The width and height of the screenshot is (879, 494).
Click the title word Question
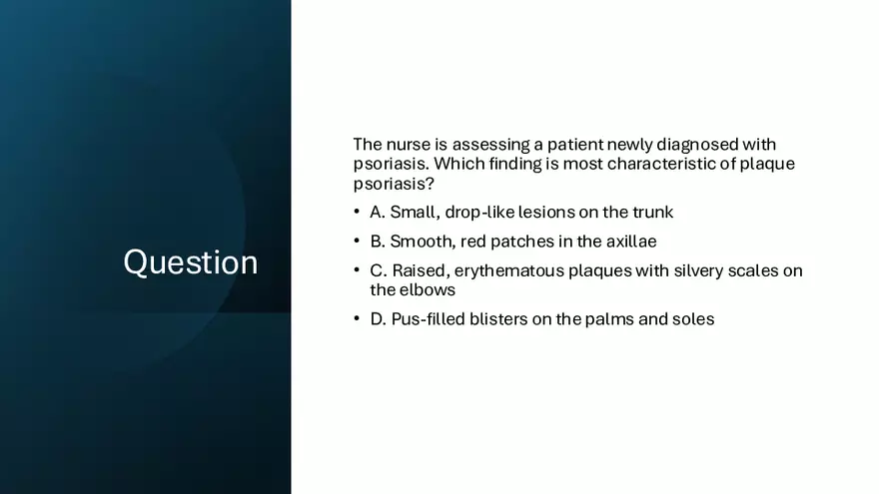[x=191, y=262]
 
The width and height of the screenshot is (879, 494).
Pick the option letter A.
[x=378, y=213]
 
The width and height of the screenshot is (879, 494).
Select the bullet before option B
[x=357, y=241]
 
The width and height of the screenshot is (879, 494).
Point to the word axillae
[x=631, y=242]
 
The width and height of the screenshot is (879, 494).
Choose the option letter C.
[x=379, y=271]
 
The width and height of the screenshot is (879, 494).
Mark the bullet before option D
[x=357, y=318]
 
